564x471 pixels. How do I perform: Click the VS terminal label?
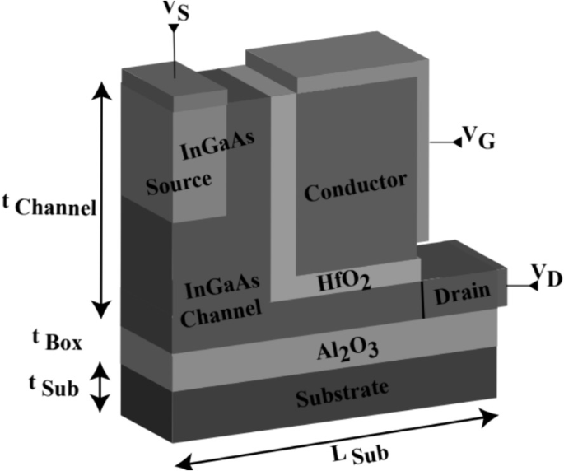[178, 14]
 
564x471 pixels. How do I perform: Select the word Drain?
[464, 291]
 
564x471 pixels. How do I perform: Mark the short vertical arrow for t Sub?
[100, 386]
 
